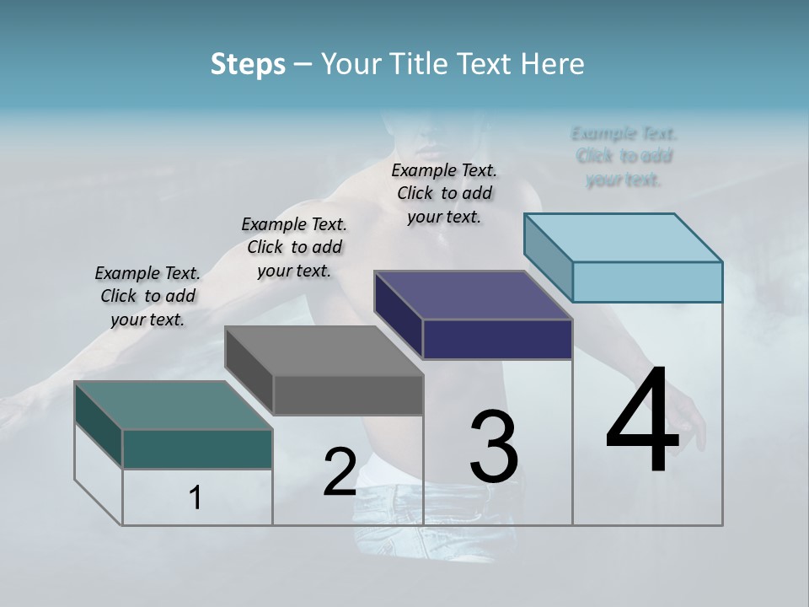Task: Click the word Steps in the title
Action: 247,64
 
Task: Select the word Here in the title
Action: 553,64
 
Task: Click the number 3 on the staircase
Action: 493,446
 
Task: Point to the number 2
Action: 340,472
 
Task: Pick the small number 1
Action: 196,497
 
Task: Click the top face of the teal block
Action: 174,406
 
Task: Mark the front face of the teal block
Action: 197,449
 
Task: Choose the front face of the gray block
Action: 348,395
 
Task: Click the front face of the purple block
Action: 497,339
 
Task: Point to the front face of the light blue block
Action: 647,282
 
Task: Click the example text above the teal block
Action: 147,296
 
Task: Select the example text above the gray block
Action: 294,247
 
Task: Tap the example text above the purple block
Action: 444,193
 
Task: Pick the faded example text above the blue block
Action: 624,156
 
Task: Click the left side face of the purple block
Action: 399,314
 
